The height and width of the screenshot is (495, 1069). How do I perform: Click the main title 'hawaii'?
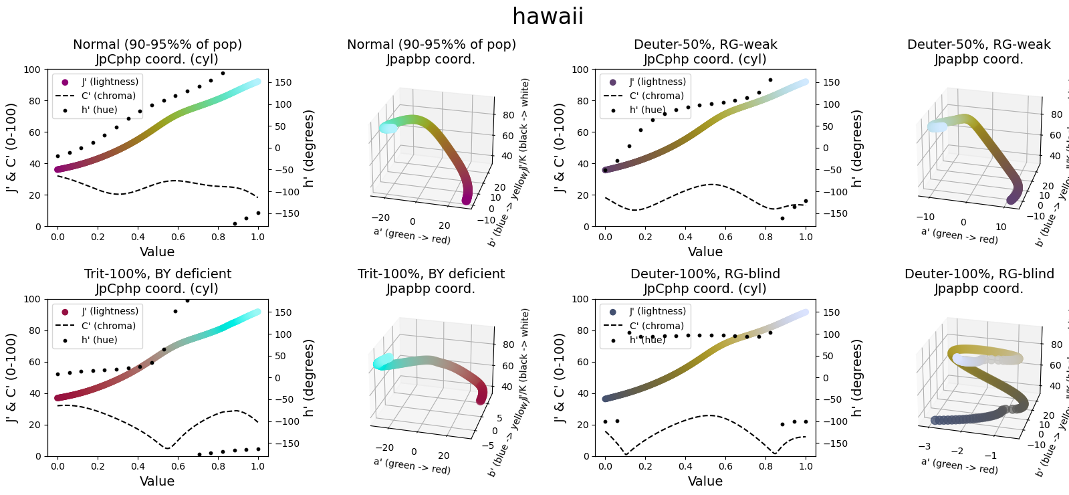pos(548,16)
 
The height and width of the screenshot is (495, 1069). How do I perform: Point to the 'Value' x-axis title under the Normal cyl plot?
pos(157,252)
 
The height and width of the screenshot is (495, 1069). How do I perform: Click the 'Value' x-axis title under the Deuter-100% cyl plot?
pos(705,481)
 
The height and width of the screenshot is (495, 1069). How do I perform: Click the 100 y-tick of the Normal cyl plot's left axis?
pos(31,70)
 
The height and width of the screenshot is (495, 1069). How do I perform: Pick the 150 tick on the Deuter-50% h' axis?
pos(830,82)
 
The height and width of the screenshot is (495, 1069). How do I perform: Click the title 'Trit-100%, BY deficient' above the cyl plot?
pos(158,274)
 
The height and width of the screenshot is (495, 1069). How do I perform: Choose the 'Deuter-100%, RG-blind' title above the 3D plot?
pos(979,274)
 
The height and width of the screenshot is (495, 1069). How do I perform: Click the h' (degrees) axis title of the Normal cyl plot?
pos(309,148)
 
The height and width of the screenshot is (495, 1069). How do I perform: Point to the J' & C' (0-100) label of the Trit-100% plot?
pos(11,377)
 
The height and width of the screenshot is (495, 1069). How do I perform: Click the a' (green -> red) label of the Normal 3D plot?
pos(412,235)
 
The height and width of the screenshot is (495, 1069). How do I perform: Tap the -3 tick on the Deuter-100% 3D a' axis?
pos(924,446)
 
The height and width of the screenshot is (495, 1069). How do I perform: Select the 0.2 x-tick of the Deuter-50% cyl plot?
pos(645,237)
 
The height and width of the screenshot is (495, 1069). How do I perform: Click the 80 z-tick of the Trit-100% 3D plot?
pos(508,345)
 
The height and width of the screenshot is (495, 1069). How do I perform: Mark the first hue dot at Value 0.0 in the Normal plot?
pos(58,156)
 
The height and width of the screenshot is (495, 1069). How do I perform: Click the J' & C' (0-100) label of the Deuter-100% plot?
pos(560,377)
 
